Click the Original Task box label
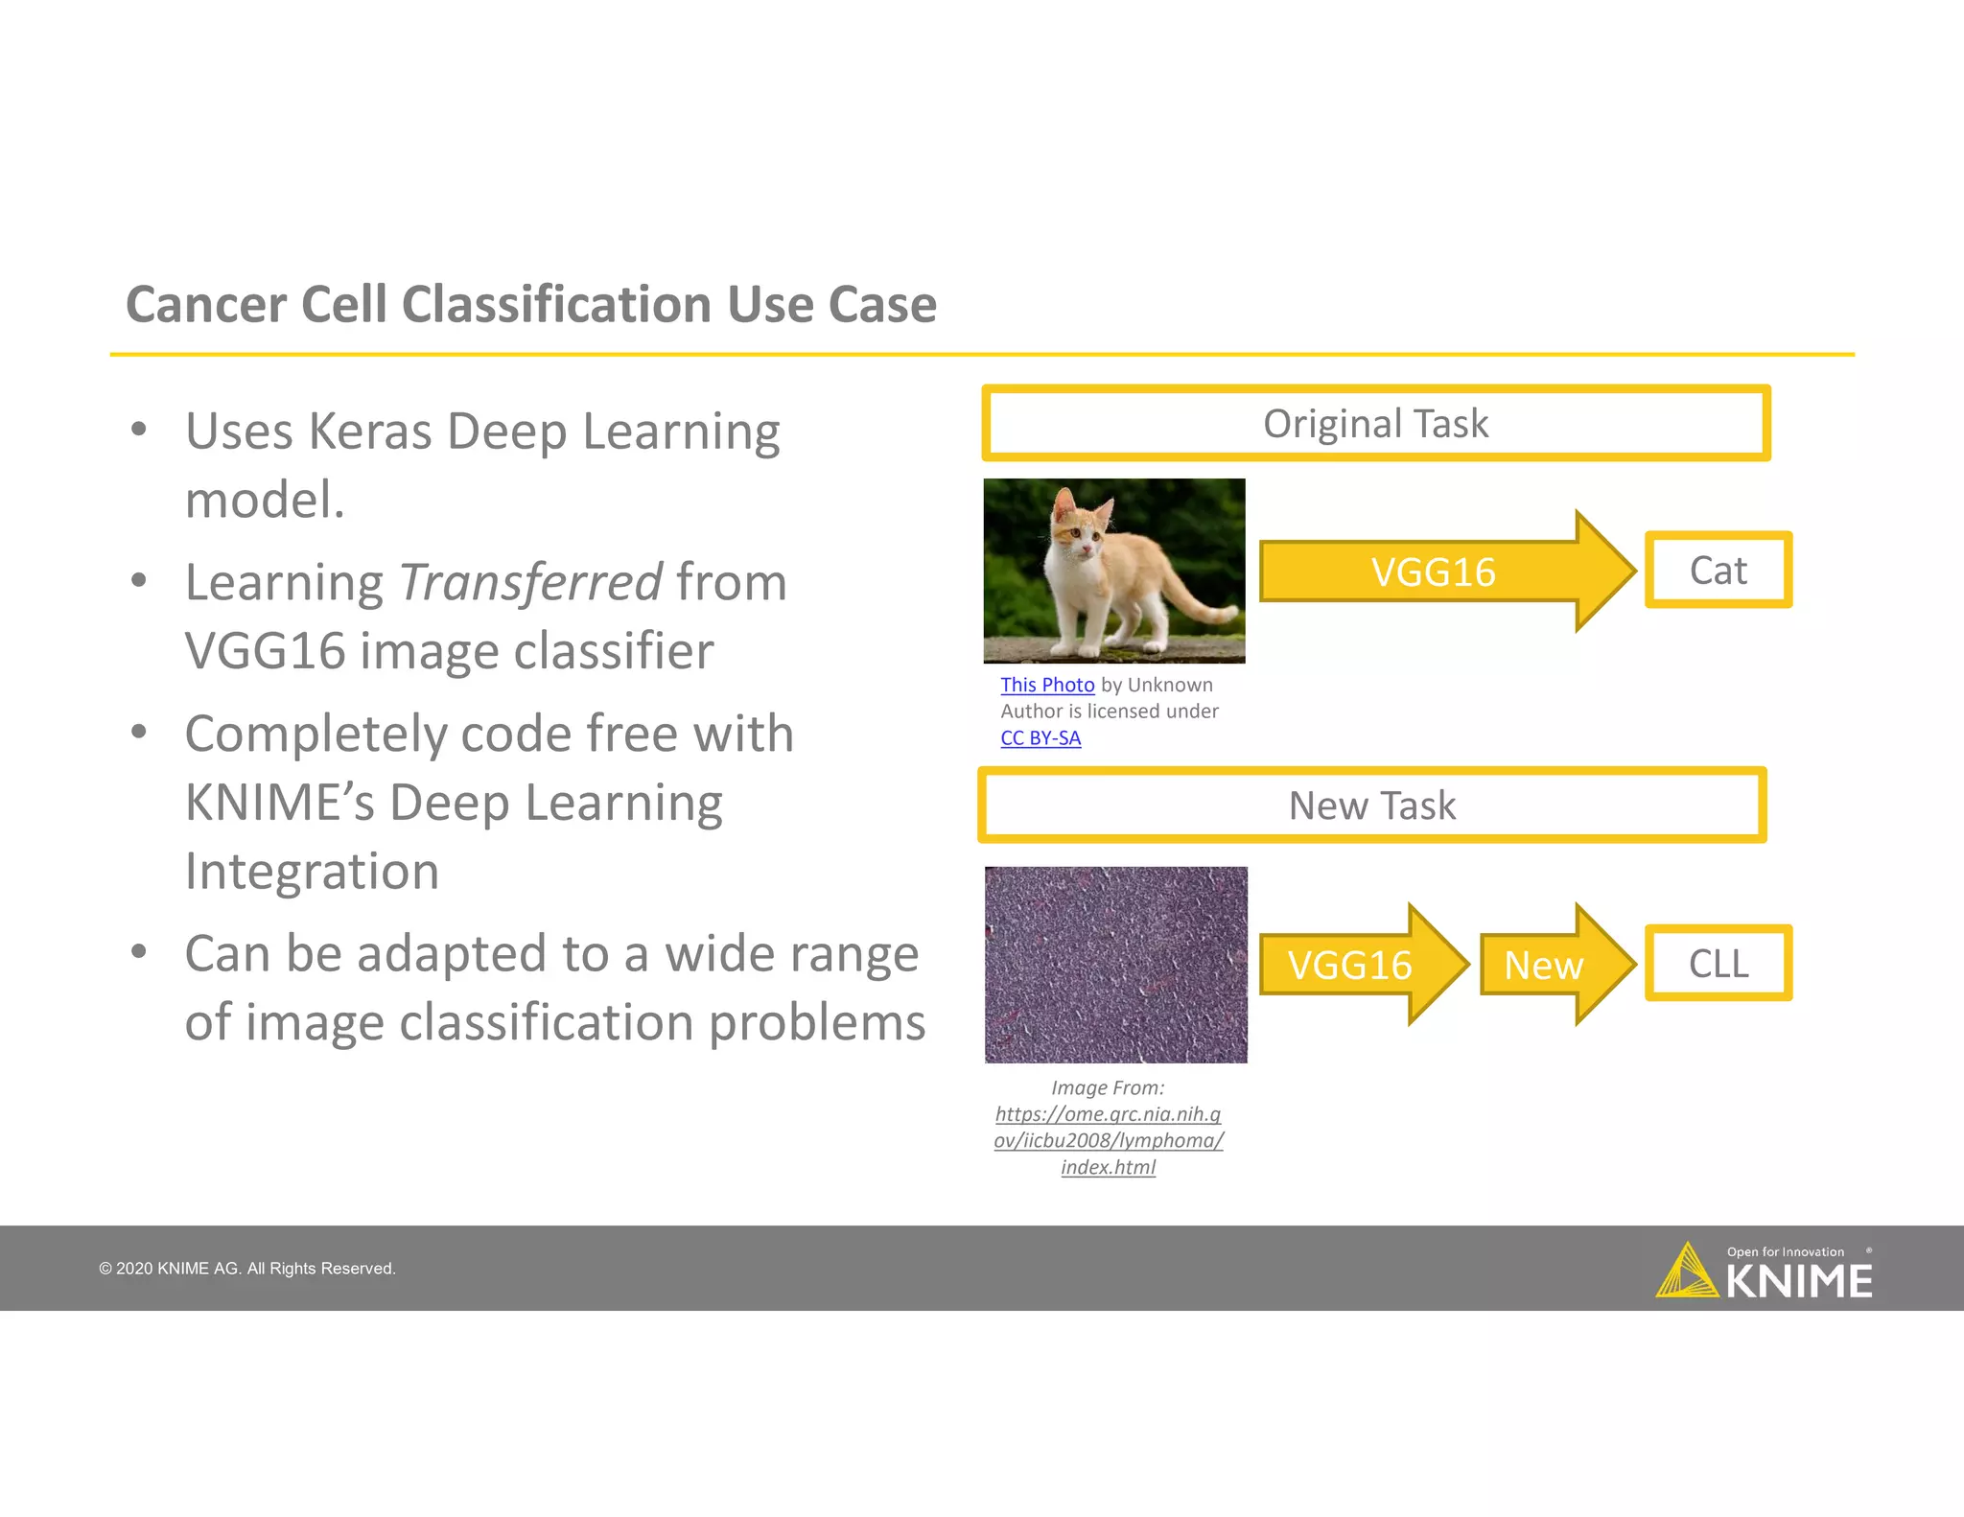[1375, 424]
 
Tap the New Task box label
[1371, 805]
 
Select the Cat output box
[1718, 571]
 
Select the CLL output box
[1718, 964]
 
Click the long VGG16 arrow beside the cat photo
[1433, 572]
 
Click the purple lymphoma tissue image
[1115, 965]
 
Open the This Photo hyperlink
[1047, 685]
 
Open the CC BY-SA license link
[1040, 738]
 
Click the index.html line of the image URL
[1108, 1167]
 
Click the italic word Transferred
[529, 582]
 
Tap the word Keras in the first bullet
[370, 432]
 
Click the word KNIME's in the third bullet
[279, 803]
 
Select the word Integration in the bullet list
[312, 872]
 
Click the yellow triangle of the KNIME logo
[1685, 1272]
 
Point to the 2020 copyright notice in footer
[247, 1269]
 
